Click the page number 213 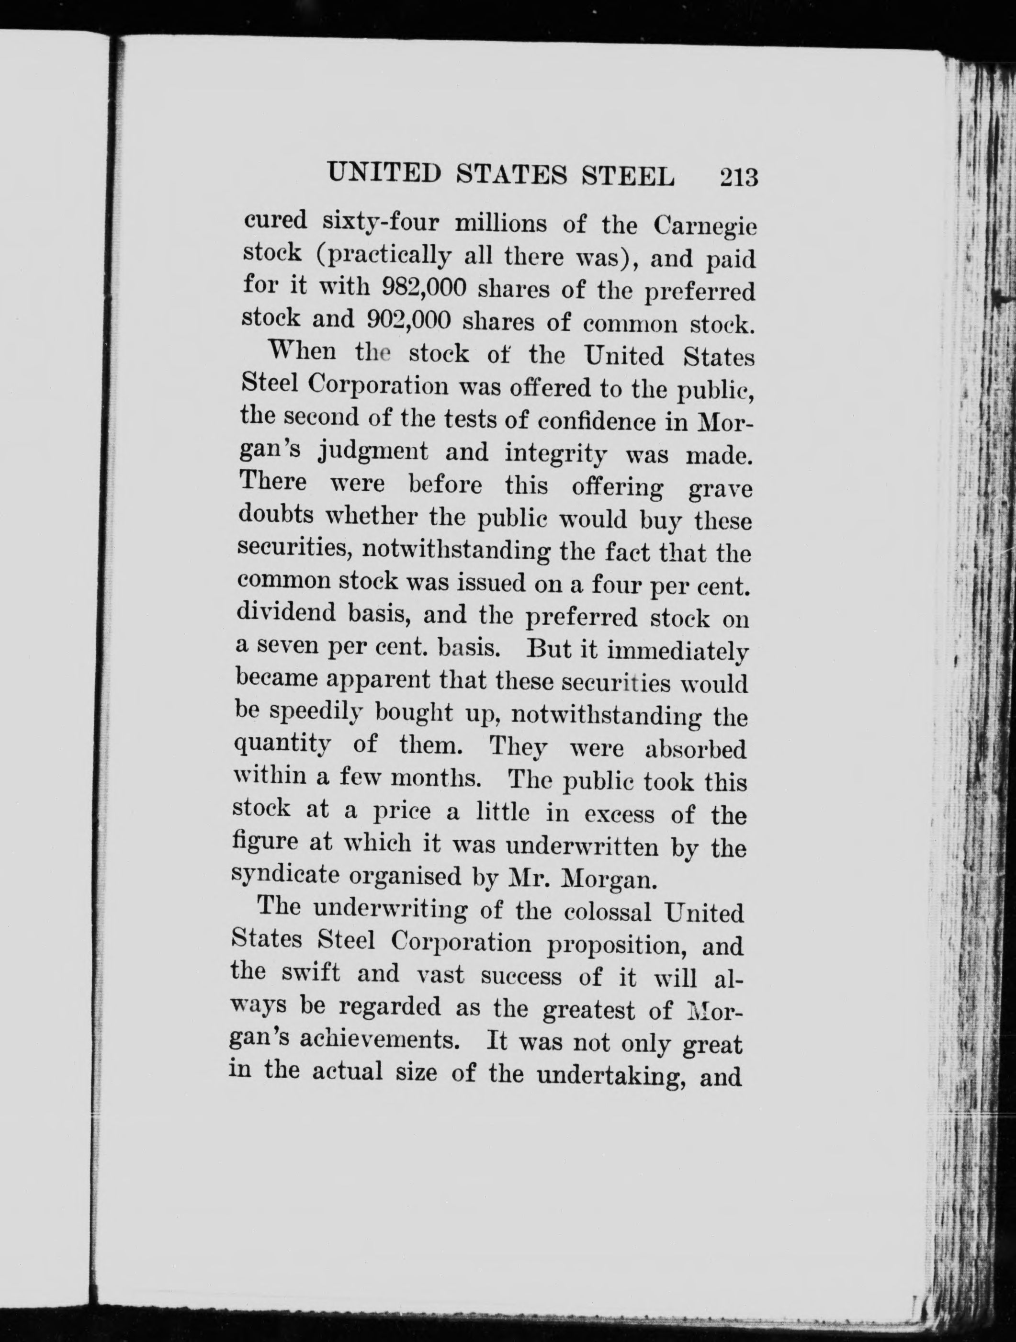tap(738, 179)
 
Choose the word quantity tap(282, 744)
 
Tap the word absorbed tap(695, 749)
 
